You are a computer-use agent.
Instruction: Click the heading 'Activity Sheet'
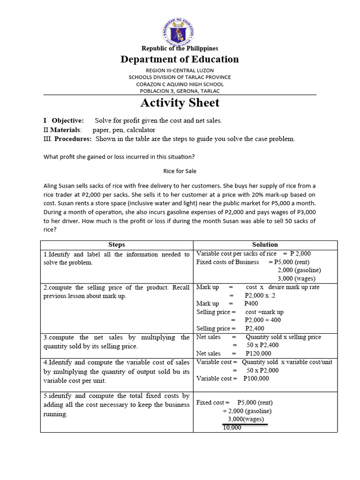click(180, 103)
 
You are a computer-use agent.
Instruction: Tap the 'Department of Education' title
click(180, 59)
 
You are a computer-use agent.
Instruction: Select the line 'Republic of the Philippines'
click(180, 48)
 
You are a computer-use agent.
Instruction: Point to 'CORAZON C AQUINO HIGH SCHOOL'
click(180, 84)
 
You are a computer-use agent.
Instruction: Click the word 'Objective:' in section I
click(68, 120)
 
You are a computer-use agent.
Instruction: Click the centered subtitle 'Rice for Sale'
click(180, 171)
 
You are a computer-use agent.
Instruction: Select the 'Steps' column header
click(117, 245)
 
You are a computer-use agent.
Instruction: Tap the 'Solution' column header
click(265, 245)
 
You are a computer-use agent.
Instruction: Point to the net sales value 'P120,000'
click(258, 353)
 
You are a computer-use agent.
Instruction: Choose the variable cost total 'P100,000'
click(256, 378)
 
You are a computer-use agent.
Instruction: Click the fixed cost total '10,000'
click(232, 427)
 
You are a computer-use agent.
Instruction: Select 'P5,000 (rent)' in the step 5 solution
click(255, 402)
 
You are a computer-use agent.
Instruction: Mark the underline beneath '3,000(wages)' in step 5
click(245, 424)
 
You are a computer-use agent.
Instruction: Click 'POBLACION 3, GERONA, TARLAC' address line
click(180, 91)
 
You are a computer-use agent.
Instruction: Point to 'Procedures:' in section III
click(73, 139)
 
